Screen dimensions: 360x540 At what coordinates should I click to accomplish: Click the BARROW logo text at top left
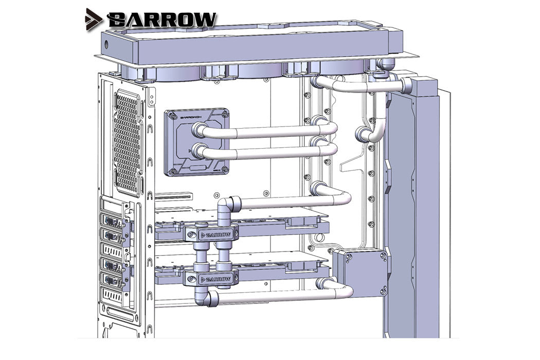[163, 20]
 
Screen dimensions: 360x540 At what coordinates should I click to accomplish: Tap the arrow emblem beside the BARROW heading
[95, 19]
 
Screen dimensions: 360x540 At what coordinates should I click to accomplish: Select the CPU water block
[196, 141]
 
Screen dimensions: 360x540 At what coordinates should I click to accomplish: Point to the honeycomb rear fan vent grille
[127, 141]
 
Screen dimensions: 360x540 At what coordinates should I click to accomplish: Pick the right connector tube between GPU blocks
[224, 256]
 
